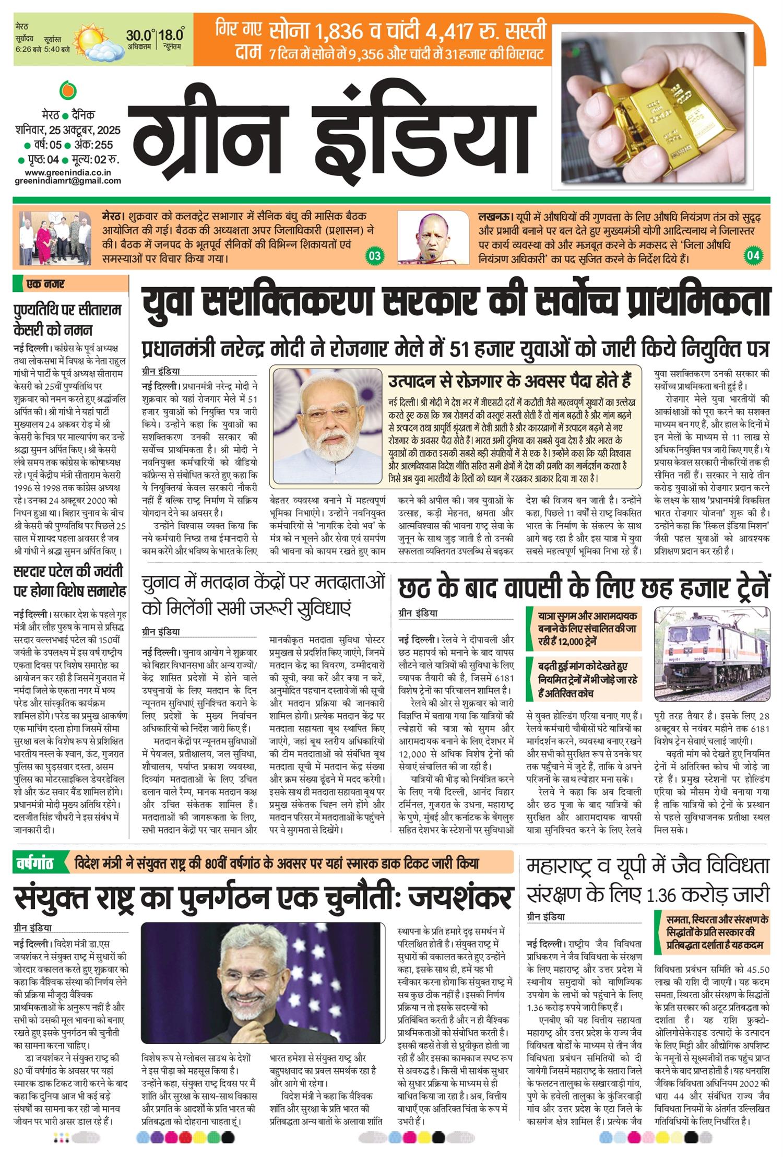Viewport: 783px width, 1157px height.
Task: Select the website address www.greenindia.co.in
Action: (x=68, y=172)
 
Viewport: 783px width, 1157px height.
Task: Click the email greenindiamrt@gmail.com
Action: (x=68, y=181)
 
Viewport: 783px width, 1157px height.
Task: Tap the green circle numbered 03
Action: (x=375, y=256)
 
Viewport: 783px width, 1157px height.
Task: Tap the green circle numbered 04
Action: (x=753, y=256)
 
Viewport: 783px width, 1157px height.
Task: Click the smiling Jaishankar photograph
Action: (x=261, y=981)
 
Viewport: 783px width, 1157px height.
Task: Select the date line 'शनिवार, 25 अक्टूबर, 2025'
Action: (x=68, y=130)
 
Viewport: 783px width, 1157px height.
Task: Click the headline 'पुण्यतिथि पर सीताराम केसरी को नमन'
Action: (x=68, y=320)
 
